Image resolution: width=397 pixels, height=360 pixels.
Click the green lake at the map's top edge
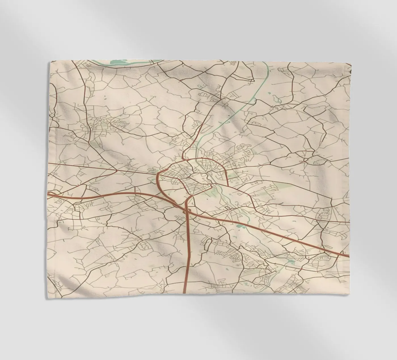(122, 62)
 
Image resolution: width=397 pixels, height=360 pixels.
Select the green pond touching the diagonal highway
(240, 226)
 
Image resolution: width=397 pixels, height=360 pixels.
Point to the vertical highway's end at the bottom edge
(184, 292)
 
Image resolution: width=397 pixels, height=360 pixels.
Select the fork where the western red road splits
(117, 171)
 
